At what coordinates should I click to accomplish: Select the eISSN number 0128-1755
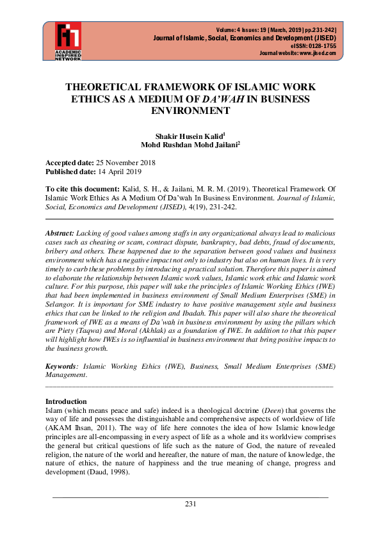coord(321,45)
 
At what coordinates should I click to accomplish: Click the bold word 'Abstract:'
coord(60,234)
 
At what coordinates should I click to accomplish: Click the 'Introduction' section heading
coord(66,401)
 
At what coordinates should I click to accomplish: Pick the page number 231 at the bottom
coord(190,504)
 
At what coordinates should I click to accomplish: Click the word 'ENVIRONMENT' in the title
coord(190,110)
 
